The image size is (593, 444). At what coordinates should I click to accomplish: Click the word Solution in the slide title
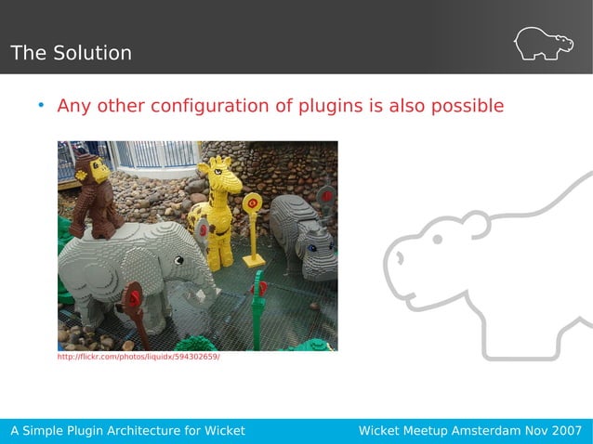[x=91, y=53]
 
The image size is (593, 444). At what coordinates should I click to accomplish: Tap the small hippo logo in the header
[x=544, y=44]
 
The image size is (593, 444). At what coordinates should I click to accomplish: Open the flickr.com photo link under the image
[x=138, y=357]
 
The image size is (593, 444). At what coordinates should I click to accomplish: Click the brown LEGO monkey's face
[x=96, y=171]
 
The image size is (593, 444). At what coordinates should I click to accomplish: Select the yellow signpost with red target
[x=252, y=204]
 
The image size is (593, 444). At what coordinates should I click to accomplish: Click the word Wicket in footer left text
[x=224, y=431]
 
